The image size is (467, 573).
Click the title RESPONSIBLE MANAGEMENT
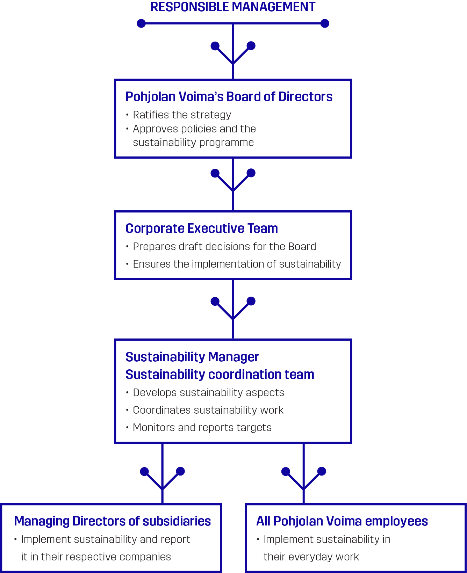pyautogui.click(x=233, y=7)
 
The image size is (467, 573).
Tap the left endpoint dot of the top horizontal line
pyautogui.click(x=141, y=23)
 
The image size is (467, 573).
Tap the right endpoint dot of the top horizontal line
pyautogui.click(x=325, y=23)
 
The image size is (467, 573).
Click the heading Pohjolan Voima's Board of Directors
pyautogui.click(x=229, y=97)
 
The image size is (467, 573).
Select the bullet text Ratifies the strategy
pyautogui.click(x=182, y=115)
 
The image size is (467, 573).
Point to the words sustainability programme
pyautogui.click(x=193, y=143)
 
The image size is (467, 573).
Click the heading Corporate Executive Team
pyautogui.click(x=202, y=229)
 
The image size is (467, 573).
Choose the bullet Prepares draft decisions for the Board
pyautogui.click(x=224, y=247)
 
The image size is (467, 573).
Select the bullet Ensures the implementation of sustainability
pyautogui.click(x=237, y=264)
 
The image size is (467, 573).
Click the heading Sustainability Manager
pyautogui.click(x=192, y=357)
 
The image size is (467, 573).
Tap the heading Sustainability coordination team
pyautogui.click(x=220, y=375)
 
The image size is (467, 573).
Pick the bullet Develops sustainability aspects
pyautogui.click(x=208, y=393)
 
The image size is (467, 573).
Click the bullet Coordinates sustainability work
pyautogui.click(x=208, y=410)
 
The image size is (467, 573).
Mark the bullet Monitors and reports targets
pyautogui.click(x=202, y=428)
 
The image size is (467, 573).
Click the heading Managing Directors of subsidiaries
pyautogui.click(x=112, y=521)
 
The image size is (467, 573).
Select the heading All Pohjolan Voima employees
pyautogui.click(x=342, y=521)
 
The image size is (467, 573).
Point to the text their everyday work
pyautogui.click(x=311, y=557)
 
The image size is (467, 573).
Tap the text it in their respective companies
pyautogui.click(x=96, y=557)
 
